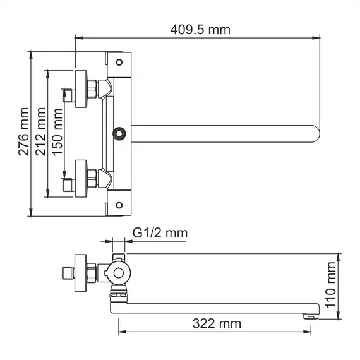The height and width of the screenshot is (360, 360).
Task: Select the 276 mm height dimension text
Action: tap(24, 135)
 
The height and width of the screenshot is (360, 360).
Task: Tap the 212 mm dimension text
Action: tap(41, 135)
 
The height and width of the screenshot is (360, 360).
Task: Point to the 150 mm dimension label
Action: tap(57, 135)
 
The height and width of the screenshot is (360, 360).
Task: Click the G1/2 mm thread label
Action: tap(160, 233)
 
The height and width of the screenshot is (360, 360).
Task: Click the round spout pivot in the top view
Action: tap(117, 134)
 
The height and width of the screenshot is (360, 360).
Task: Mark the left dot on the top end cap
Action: tap(117, 61)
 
